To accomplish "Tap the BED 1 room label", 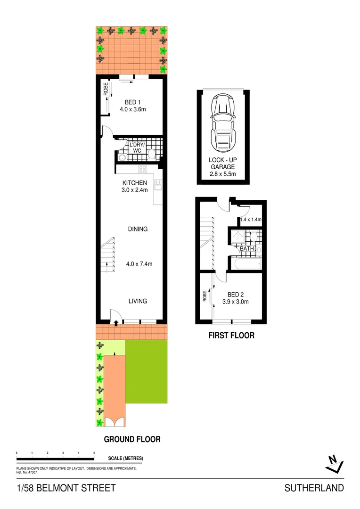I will [132, 102].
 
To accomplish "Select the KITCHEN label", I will [135, 183].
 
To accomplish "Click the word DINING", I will [138, 229].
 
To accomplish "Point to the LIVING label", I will [138, 301].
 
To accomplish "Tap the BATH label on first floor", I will [246, 248].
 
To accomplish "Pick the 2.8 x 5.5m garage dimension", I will [222, 174].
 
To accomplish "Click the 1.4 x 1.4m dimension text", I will [251, 220].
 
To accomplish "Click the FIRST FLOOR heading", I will [231, 336].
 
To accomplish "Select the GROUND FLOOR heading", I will [132, 439].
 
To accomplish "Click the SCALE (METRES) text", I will [125, 458].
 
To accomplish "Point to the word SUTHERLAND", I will [314, 488].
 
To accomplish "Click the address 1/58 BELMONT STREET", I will [66, 488].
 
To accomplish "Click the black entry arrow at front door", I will [116, 323].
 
